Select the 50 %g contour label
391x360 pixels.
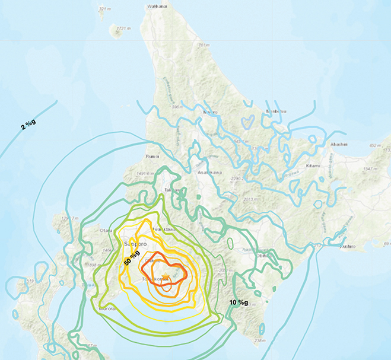131,260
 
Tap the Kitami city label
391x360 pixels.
313,165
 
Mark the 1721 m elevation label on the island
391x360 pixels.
123,28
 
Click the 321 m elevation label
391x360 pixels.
104,9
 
